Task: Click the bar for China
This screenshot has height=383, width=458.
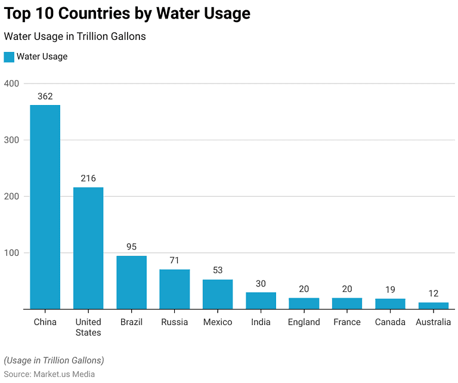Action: click(x=45, y=207)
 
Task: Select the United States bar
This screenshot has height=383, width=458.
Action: click(x=88, y=248)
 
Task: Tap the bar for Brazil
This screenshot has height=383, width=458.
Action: click(x=131, y=282)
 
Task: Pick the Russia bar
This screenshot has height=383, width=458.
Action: click(x=174, y=289)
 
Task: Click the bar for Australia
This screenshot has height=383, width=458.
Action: click(x=433, y=305)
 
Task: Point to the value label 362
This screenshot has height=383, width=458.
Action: click(x=45, y=96)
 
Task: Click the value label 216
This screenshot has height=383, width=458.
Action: click(x=88, y=178)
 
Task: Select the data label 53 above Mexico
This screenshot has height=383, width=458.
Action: click(x=218, y=270)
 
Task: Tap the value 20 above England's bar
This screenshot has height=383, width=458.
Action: click(x=304, y=289)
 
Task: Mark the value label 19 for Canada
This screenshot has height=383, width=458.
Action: click(x=390, y=289)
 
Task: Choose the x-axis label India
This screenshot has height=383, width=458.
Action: click(x=261, y=322)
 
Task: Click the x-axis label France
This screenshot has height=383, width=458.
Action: click(x=346, y=322)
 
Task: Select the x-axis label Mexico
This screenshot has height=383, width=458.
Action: click(x=218, y=322)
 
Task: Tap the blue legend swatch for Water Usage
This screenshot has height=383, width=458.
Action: click(x=9, y=57)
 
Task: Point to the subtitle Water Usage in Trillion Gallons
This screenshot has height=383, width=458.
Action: click(x=75, y=36)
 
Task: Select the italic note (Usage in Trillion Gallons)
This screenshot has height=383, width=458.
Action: click(x=54, y=360)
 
